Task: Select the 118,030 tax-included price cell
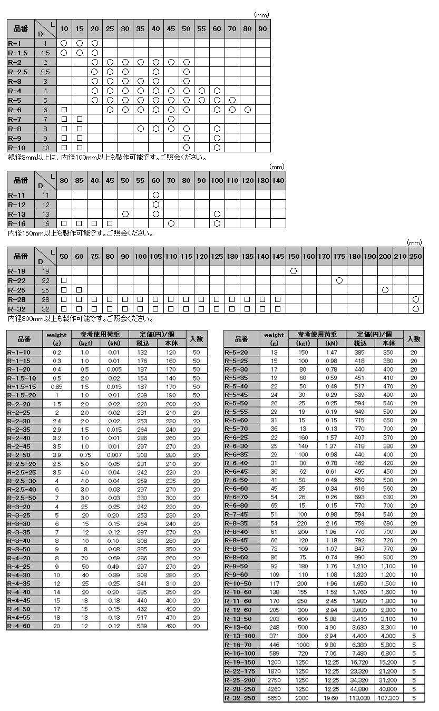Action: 360,697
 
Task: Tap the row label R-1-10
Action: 22,352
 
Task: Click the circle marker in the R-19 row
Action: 294,270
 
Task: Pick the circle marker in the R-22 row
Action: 339,280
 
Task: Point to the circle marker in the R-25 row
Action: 385,289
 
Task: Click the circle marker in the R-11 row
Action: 155,195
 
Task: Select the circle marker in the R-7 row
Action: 171,119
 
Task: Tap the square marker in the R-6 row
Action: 64,110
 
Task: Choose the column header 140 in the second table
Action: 278,180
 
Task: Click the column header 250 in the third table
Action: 415,256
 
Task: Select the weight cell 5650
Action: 274,697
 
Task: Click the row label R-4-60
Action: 22,626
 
